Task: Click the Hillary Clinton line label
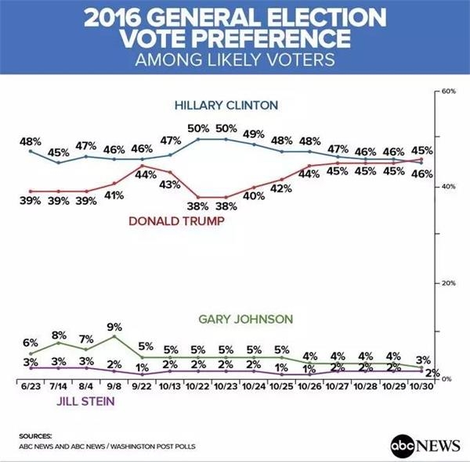[x=226, y=106]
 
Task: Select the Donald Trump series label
[x=176, y=221]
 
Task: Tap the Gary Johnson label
[x=246, y=319]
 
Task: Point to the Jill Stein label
[x=85, y=401]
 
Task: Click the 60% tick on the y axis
[x=449, y=91]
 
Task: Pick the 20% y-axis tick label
[x=449, y=283]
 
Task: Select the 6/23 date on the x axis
[x=31, y=386]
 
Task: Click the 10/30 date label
[x=421, y=386]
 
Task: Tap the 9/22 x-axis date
[x=142, y=386]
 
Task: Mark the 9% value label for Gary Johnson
[x=114, y=327]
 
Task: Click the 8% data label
[x=59, y=335]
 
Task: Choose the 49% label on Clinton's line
[x=254, y=134]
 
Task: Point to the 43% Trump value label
[x=170, y=184]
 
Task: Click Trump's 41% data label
[x=114, y=195]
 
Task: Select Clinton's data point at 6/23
[x=31, y=151]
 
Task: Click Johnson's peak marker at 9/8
[x=114, y=336]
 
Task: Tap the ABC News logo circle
[x=403, y=446]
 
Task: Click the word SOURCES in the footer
[x=35, y=436]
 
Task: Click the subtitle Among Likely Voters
[x=235, y=60]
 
